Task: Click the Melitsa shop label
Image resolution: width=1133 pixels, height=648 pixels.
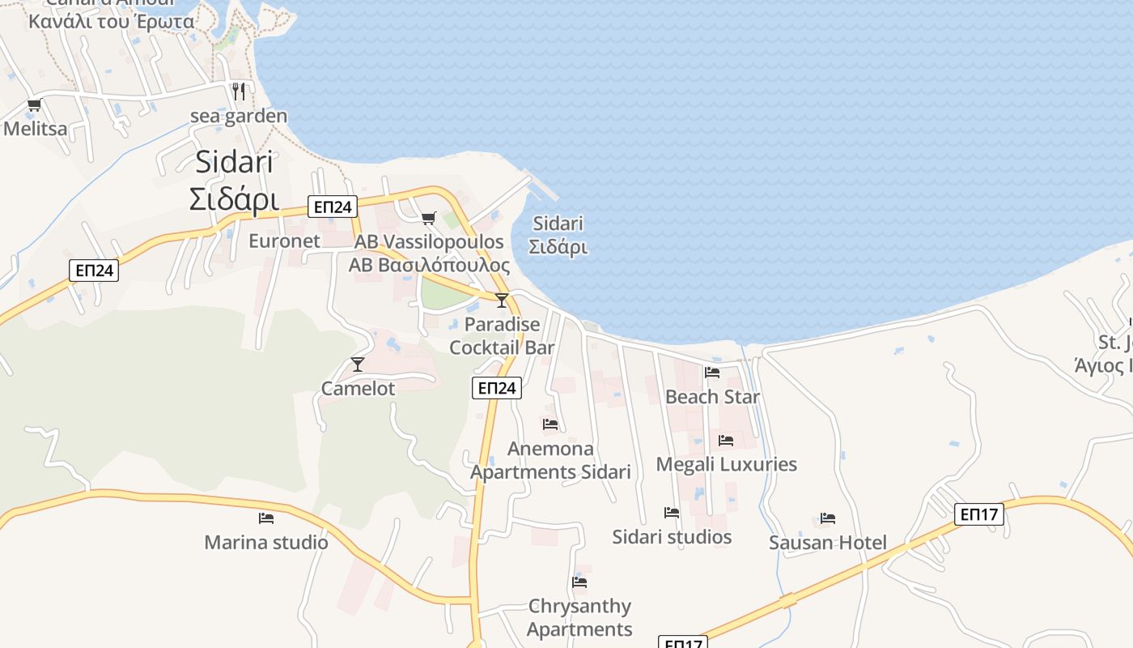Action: [x=36, y=129]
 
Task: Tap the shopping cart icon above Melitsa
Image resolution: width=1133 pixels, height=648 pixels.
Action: [x=34, y=104]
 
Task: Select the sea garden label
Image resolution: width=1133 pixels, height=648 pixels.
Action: [x=239, y=117]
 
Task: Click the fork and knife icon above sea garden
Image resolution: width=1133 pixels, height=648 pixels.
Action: [x=238, y=91]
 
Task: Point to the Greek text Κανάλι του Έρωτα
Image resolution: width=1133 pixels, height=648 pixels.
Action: [x=112, y=22]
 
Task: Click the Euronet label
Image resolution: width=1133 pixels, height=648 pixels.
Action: [x=284, y=241]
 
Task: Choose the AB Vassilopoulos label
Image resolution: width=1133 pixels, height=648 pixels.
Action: [x=429, y=241]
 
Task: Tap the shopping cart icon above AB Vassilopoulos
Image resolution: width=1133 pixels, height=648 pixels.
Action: [x=428, y=218]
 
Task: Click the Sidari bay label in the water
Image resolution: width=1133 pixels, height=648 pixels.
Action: [x=559, y=235]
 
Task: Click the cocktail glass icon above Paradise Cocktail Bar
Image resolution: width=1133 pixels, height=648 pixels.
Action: [x=502, y=301]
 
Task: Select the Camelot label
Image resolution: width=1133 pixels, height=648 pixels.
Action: [x=359, y=389]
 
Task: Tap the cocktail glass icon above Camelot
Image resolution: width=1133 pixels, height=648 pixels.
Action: [x=358, y=364]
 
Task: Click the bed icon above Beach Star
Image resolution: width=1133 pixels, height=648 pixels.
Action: [x=712, y=373]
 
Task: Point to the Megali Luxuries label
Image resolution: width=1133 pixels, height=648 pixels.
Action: [x=726, y=465]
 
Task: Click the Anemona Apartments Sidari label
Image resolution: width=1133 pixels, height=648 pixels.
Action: [x=550, y=460]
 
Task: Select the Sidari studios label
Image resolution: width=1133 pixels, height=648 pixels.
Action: [x=672, y=537]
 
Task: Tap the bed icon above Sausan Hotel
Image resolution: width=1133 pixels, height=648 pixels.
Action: [x=827, y=518]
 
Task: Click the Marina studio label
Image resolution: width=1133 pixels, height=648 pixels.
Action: [x=266, y=543]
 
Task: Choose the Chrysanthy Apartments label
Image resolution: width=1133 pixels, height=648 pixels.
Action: [x=579, y=617]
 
